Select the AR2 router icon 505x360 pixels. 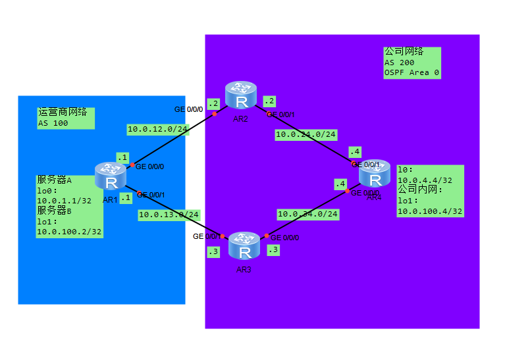pyautogui.click(x=241, y=96)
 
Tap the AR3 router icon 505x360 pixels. pyautogui.click(x=245, y=247)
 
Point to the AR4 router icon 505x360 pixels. pyautogui.click(x=375, y=174)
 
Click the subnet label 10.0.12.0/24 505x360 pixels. pyautogui.click(x=157, y=129)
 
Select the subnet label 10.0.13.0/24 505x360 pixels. pyautogui.click(x=169, y=215)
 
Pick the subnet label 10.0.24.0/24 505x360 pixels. pyautogui.click(x=306, y=134)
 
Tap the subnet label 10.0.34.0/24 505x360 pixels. pyautogui.click(x=307, y=214)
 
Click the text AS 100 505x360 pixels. pyautogui.click(x=53, y=123)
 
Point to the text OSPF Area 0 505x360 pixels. pyautogui.click(x=412, y=72)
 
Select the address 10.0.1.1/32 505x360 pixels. pyautogui.click(x=64, y=201)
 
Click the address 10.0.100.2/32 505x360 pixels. pyautogui.click(x=69, y=232)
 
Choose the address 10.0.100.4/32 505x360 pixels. pyautogui.click(x=430, y=211)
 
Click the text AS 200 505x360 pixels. pyautogui.click(x=400, y=63)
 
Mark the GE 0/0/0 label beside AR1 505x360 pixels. pyautogui.click(x=149, y=167)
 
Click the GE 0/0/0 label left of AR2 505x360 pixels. pyautogui.click(x=189, y=109)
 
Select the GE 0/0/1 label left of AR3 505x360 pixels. pyautogui.click(x=206, y=236)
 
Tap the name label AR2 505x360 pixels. pyautogui.click(x=240, y=118)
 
